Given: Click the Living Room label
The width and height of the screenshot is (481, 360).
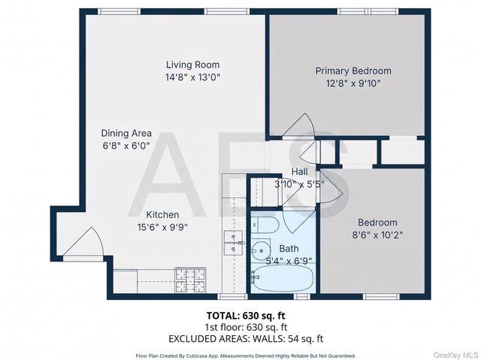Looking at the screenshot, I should (x=192, y=65).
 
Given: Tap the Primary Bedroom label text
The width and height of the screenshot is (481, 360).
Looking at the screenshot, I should (x=352, y=71).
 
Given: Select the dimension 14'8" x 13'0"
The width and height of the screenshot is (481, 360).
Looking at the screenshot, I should (x=192, y=77).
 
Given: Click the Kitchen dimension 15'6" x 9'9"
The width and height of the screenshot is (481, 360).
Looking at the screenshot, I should (x=162, y=227).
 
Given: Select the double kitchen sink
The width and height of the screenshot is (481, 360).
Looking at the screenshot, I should (x=232, y=245).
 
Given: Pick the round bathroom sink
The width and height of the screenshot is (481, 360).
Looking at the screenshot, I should (x=262, y=250).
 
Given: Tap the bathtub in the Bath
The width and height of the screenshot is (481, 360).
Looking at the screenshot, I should (x=281, y=280).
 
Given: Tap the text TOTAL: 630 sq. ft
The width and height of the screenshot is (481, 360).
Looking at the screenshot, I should (x=245, y=316).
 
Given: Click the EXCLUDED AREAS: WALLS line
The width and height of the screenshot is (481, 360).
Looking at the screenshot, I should (x=245, y=339).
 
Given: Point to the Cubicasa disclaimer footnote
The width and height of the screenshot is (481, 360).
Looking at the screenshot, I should (x=245, y=355).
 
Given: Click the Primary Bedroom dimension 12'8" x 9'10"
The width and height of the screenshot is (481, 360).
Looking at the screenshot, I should (x=352, y=83).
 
